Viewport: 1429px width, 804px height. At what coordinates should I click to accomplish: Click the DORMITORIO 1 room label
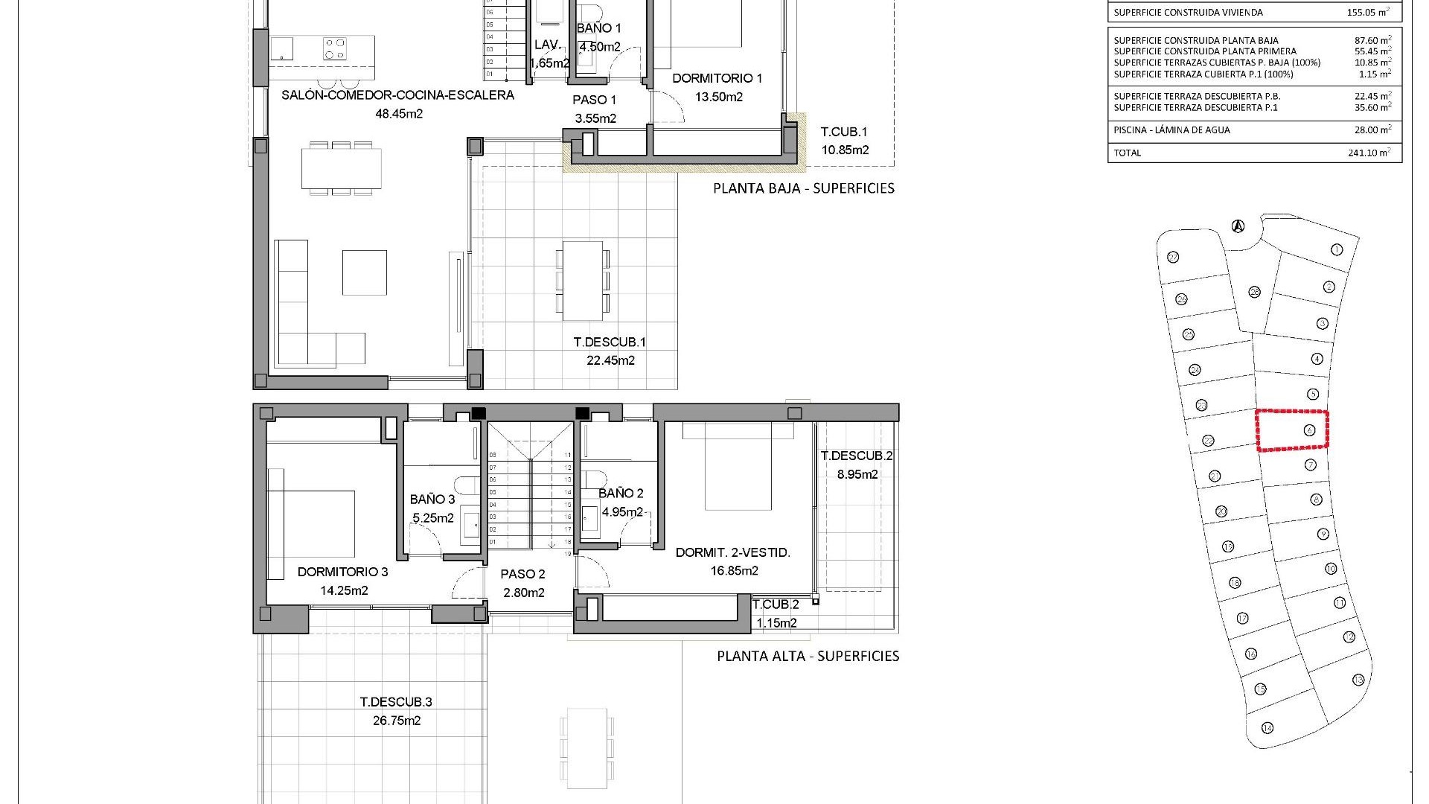717,78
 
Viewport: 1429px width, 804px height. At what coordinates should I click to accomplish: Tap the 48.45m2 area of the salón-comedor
399,114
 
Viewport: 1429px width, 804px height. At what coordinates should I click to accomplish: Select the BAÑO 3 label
432,500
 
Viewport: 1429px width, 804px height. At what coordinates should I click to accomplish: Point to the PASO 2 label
522,574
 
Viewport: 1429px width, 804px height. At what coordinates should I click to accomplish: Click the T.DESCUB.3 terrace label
396,702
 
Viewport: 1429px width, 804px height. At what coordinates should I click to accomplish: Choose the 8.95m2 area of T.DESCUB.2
857,474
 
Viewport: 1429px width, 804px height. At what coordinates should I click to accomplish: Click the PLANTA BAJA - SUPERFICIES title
804,188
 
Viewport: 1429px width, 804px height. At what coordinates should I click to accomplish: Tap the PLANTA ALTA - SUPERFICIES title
808,657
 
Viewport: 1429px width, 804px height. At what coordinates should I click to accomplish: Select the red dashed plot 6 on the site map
1292,430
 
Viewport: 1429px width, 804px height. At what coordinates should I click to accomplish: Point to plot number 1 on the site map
1337,249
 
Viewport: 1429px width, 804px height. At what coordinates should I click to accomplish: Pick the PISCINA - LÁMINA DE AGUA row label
1171,130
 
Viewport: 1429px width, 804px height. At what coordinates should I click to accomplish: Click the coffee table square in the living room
364,272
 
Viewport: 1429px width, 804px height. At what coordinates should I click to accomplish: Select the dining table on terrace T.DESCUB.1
583,279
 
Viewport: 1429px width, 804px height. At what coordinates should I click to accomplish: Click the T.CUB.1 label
844,132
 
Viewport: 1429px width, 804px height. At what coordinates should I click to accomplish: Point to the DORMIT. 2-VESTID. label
732,552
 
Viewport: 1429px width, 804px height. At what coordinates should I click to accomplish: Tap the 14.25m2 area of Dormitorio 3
344,591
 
